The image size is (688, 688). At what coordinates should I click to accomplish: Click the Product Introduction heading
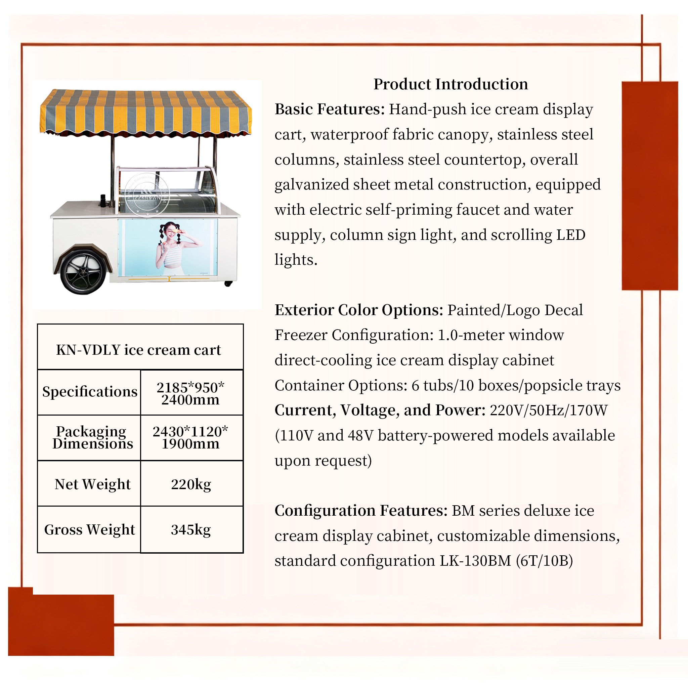[450, 84]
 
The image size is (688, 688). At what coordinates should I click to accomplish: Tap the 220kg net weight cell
[191, 484]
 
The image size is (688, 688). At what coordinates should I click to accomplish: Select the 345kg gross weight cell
[191, 529]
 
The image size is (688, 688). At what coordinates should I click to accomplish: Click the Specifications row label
[90, 392]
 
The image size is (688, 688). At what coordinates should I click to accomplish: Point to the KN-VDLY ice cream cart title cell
[138, 350]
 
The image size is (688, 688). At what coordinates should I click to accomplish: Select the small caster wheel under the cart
[228, 284]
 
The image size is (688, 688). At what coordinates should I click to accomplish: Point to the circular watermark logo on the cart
[147, 195]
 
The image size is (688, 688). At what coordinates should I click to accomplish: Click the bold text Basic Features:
[330, 109]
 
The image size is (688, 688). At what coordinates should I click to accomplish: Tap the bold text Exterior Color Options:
[358, 310]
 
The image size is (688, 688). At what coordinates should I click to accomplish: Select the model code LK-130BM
[475, 561]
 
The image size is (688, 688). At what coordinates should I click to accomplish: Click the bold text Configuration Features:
[361, 511]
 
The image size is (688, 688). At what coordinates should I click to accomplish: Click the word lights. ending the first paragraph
[296, 260]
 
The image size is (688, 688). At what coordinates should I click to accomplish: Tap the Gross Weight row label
[90, 529]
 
